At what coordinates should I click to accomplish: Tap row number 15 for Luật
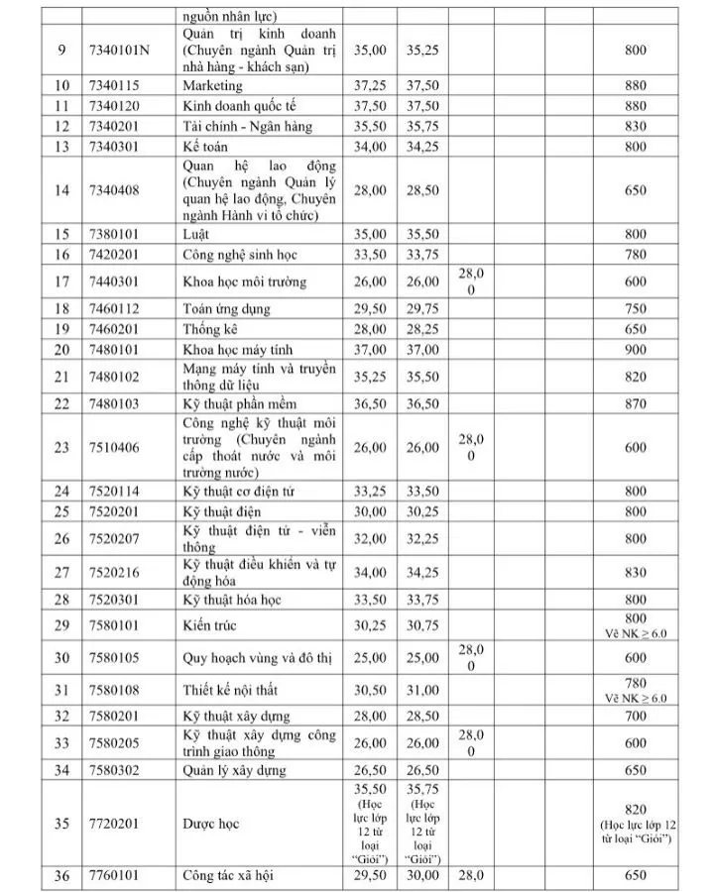pyautogui.click(x=61, y=235)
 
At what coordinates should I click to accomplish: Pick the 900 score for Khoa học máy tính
pyautogui.click(x=636, y=350)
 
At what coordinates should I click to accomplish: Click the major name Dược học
pyautogui.click(x=211, y=824)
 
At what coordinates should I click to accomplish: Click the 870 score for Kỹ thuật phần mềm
pyautogui.click(x=636, y=404)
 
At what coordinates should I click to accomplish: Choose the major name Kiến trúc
pyautogui.click(x=209, y=625)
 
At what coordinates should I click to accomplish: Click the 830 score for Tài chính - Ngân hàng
pyautogui.click(x=636, y=126)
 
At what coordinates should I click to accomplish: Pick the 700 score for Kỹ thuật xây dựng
pyautogui.click(x=636, y=716)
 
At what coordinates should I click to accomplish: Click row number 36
pyautogui.click(x=61, y=875)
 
